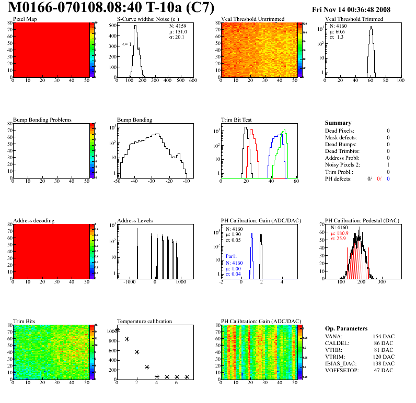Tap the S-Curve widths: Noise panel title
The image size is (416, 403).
click(147, 19)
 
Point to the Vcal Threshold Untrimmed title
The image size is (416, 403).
click(252, 19)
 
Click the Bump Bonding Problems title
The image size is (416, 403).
click(42, 120)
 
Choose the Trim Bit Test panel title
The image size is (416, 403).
click(237, 120)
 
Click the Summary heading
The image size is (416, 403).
click(338, 123)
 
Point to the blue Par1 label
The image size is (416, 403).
click(232, 257)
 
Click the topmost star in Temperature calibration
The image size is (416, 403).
click(118, 330)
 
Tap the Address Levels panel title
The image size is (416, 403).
click(135, 221)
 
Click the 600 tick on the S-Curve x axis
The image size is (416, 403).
click(192, 81)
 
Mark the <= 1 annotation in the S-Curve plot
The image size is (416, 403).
click(126, 44)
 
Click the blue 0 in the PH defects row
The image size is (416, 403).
click(388, 179)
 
